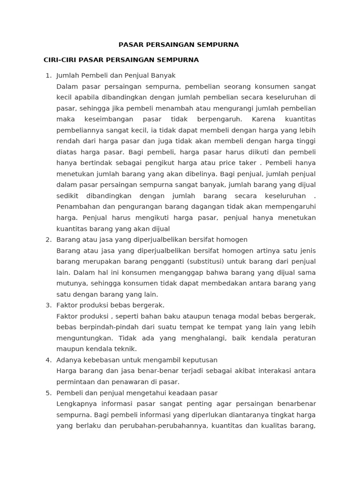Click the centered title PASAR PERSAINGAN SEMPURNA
[x=178, y=45]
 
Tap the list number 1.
[x=48, y=75]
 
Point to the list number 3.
[x=48, y=305]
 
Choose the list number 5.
[x=48, y=393]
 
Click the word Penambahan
[x=76, y=207]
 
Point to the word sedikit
[x=67, y=196]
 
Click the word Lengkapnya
[x=75, y=404]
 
